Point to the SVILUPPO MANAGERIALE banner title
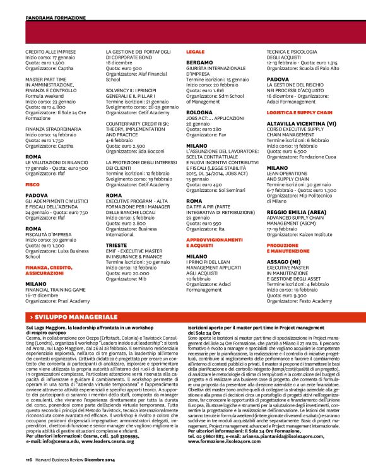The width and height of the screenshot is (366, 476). pyautogui.click(x=76, y=315)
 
